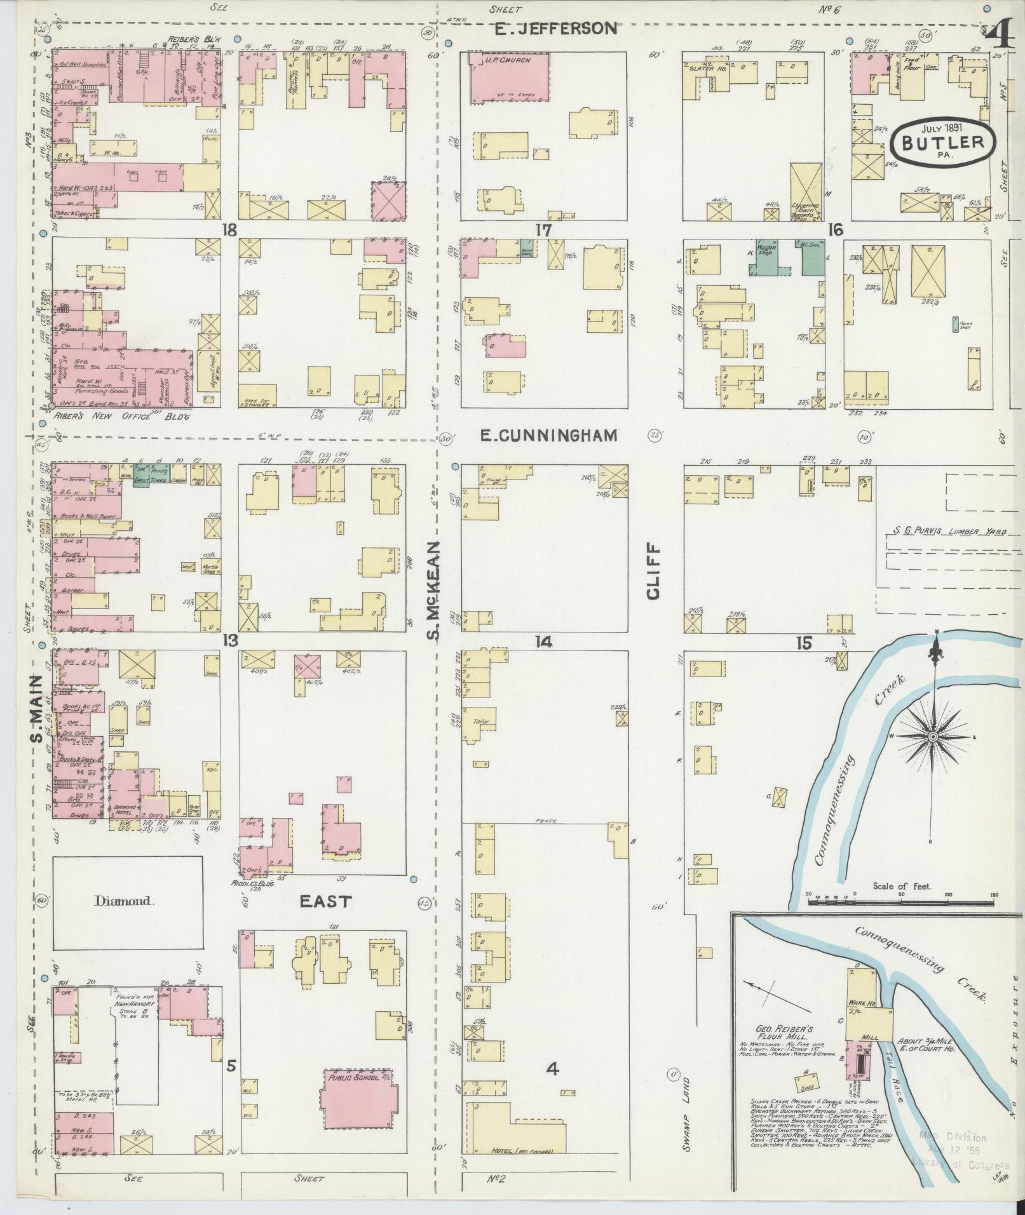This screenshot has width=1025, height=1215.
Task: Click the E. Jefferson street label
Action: (x=556, y=29)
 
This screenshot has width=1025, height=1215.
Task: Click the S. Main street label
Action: (x=36, y=708)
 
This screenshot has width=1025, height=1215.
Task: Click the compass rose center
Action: (x=933, y=736)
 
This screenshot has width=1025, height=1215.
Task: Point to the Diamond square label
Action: (x=125, y=900)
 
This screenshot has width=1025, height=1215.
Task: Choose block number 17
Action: (x=543, y=230)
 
